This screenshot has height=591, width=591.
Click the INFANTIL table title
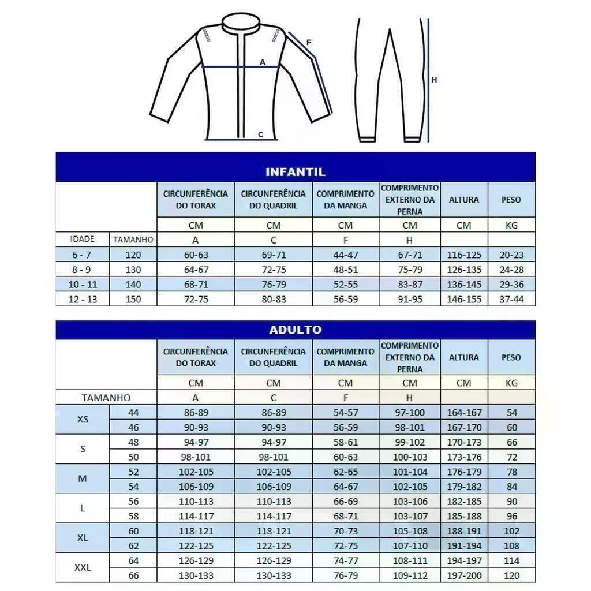click(x=295, y=172)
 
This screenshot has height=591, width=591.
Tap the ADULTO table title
click(x=295, y=330)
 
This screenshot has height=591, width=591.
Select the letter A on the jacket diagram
click(x=263, y=62)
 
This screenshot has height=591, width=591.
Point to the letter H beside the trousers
click(x=434, y=80)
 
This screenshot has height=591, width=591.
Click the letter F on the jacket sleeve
click(x=309, y=42)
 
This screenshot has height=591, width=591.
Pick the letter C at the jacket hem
click(x=260, y=135)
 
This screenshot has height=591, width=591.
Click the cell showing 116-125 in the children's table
click(x=464, y=255)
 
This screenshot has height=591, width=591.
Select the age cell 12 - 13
click(x=82, y=299)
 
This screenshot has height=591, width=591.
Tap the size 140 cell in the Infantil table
click(x=133, y=285)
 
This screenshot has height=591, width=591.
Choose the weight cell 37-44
click(x=511, y=299)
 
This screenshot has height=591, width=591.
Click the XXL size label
click(x=83, y=567)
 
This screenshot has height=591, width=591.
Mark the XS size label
click(x=83, y=420)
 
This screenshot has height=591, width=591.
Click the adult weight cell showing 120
click(x=511, y=575)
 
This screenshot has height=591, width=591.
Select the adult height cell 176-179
click(x=464, y=472)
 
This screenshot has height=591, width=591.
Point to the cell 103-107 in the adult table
click(x=410, y=516)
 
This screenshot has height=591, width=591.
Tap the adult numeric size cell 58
click(x=133, y=516)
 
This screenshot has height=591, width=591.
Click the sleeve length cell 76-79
click(x=345, y=575)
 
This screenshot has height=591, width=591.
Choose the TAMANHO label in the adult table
click(x=106, y=398)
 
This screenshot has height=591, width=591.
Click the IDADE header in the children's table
click(x=82, y=239)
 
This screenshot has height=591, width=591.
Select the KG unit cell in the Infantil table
click(x=511, y=225)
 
